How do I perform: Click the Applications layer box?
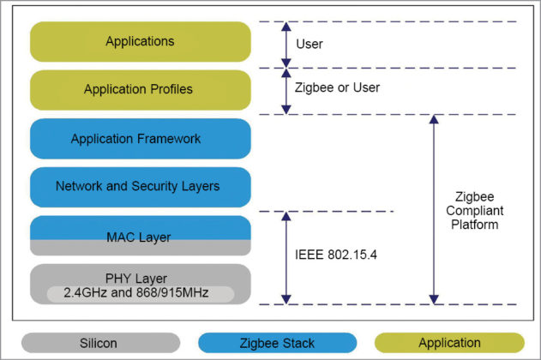tap(140, 41)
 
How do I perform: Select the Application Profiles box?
tap(140, 89)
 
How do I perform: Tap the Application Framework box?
tap(140, 138)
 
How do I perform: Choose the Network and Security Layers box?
tap(140, 186)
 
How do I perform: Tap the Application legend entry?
tap(449, 343)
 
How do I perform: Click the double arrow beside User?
tap(286, 44)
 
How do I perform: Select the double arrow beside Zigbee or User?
tap(286, 90)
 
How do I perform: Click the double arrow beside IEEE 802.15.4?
tap(286, 257)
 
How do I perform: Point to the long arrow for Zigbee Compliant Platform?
tap(434, 209)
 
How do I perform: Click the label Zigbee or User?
tap(338, 87)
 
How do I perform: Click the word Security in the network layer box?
tap(170, 186)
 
